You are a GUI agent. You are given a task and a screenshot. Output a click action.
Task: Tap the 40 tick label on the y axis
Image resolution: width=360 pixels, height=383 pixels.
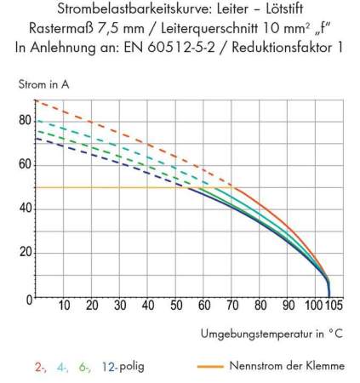click(x=25, y=209)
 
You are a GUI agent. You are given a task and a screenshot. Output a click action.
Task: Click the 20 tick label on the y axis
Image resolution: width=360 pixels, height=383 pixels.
click(x=25, y=253)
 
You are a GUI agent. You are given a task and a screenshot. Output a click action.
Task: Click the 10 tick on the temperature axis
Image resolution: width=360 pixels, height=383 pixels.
click(x=63, y=306)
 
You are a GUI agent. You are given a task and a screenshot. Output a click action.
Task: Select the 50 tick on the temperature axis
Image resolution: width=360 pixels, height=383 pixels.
click(x=175, y=306)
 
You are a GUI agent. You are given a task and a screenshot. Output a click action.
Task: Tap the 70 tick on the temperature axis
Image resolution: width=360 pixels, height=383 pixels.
click(x=231, y=306)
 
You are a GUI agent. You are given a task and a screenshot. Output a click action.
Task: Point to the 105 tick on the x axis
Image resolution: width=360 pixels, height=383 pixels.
click(x=334, y=306)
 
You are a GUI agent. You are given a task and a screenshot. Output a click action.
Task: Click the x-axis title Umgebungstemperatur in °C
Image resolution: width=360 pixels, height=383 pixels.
click(x=271, y=333)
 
